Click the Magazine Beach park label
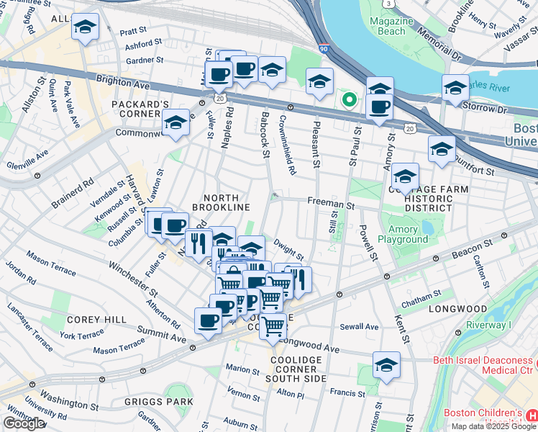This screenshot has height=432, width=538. coord(392,27)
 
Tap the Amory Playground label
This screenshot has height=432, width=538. coord(407,234)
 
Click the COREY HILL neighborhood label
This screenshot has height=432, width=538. coord(96,320)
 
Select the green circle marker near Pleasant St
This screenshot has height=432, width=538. coord(349,99)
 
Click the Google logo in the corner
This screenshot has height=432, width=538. coord(23,423)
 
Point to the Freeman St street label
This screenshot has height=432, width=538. coord(331,204)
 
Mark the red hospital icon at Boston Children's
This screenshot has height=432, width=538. coord(532,416)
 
